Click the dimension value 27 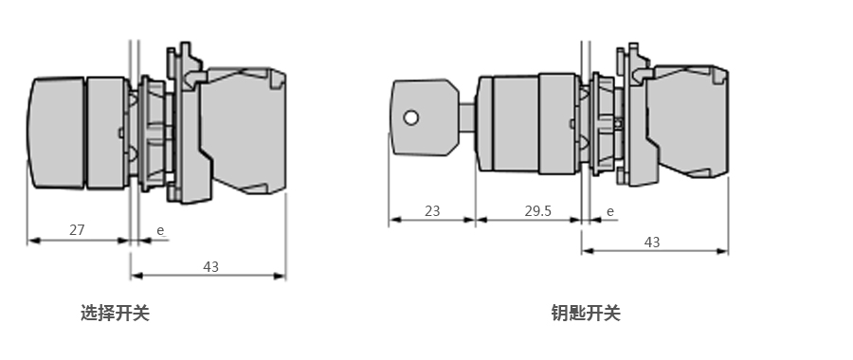point(77,230)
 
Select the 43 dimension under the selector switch point(211,267)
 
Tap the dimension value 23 point(432,211)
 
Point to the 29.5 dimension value point(537,211)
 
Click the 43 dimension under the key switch point(652,243)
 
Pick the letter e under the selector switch point(160,230)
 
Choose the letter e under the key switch point(610,211)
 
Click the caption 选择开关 point(115,314)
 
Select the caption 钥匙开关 point(586,314)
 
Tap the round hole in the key point(411,117)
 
